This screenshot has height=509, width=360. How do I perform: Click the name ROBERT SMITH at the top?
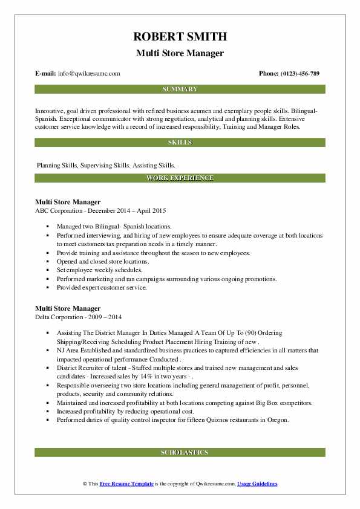180,37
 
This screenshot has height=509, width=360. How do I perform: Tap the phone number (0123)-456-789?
299,74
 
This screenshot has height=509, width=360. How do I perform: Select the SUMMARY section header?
180,89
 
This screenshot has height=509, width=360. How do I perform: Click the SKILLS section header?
180,143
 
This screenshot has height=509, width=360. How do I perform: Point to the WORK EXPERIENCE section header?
180,178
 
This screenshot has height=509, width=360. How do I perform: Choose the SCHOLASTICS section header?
180,452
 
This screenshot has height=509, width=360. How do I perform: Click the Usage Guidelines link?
257,484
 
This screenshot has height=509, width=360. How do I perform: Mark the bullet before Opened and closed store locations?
47,262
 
